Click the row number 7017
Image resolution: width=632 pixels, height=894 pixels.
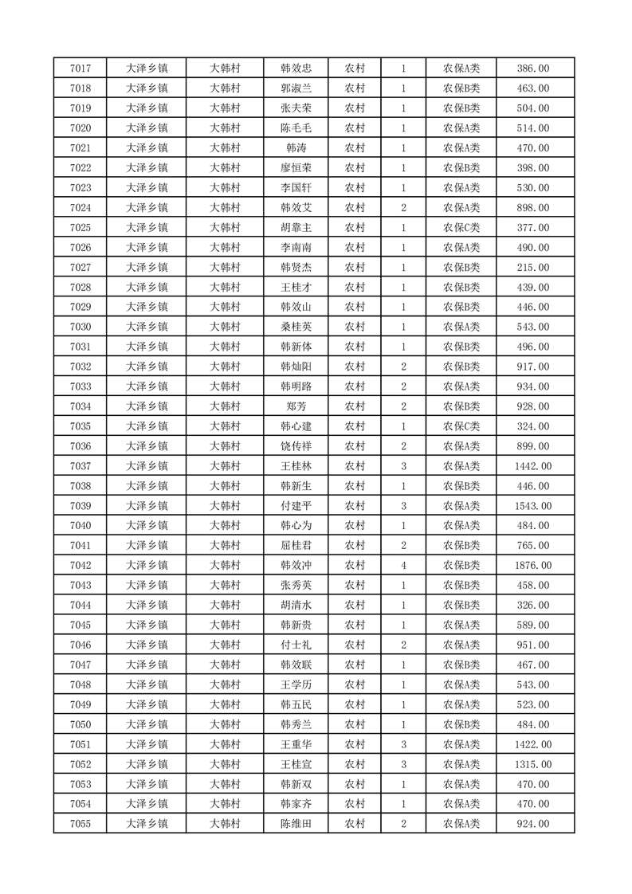click(x=80, y=69)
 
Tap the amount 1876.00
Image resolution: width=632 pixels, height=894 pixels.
click(x=533, y=566)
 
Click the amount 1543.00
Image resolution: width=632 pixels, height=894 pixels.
click(x=533, y=506)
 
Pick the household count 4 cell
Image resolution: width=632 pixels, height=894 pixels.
click(x=403, y=566)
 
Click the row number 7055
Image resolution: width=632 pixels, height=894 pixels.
click(x=80, y=824)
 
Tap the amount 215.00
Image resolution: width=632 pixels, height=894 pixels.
click(x=533, y=268)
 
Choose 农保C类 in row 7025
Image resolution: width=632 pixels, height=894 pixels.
click(x=461, y=228)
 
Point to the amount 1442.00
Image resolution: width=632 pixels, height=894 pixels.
click(x=533, y=466)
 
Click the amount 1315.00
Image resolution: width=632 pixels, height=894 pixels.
click(x=533, y=764)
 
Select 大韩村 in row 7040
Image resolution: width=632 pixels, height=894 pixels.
click(x=225, y=526)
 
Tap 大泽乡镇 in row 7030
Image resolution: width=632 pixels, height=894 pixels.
click(x=147, y=327)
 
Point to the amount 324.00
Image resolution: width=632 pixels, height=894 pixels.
click(x=533, y=426)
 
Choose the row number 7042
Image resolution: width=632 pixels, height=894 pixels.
click(x=80, y=566)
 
